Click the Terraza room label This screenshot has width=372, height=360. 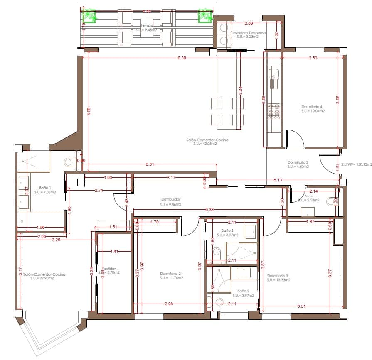click(146, 25)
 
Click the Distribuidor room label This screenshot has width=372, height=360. click(170, 199)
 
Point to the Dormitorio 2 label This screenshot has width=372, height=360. click(170, 274)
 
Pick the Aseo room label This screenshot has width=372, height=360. click(308, 196)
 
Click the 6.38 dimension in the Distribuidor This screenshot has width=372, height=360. click(210, 210)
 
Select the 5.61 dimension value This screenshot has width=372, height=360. click(150, 164)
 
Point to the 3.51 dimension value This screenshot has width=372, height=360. click(302, 306)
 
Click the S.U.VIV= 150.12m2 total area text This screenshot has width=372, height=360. click(356, 164)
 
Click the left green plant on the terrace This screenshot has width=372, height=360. click(89, 15)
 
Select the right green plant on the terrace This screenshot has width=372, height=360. click(204, 15)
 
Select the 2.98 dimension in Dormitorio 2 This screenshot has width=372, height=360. click(169, 304)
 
